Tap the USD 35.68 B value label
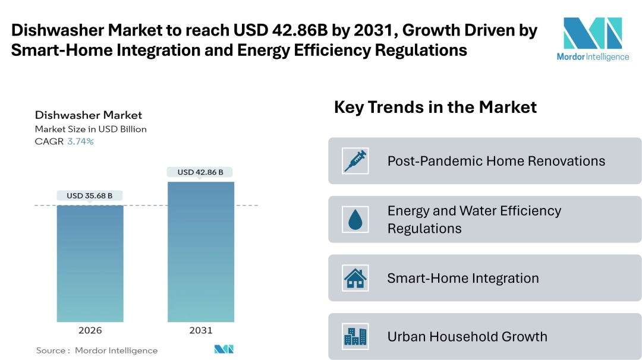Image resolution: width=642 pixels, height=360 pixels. [x=90, y=195]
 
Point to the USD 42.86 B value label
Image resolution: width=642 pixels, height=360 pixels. [x=200, y=172]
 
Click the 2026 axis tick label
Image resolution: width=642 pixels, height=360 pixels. [x=90, y=330]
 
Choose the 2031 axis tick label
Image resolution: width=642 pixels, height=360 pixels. [x=200, y=330]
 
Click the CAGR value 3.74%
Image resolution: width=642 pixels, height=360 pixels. [x=80, y=141]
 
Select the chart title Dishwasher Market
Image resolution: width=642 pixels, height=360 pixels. [x=89, y=115]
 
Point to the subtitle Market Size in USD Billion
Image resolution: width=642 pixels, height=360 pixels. [x=90, y=129]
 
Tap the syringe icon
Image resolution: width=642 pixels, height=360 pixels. [x=355, y=161]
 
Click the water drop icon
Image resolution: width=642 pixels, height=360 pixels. [x=355, y=220]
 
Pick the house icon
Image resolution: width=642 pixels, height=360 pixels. [x=355, y=278]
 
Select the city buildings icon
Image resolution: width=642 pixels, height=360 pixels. [x=355, y=337]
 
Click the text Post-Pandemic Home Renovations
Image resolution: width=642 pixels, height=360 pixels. [x=496, y=161]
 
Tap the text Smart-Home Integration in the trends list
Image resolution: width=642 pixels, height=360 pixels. [x=463, y=278]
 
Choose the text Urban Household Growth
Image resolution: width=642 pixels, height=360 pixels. [x=467, y=337]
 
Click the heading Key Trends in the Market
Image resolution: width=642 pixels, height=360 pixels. [x=435, y=107]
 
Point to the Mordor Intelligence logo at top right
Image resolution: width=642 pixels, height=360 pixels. [x=592, y=38]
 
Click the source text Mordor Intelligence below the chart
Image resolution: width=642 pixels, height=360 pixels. [x=116, y=350]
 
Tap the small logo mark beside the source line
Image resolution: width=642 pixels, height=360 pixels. [x=224, y=349]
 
